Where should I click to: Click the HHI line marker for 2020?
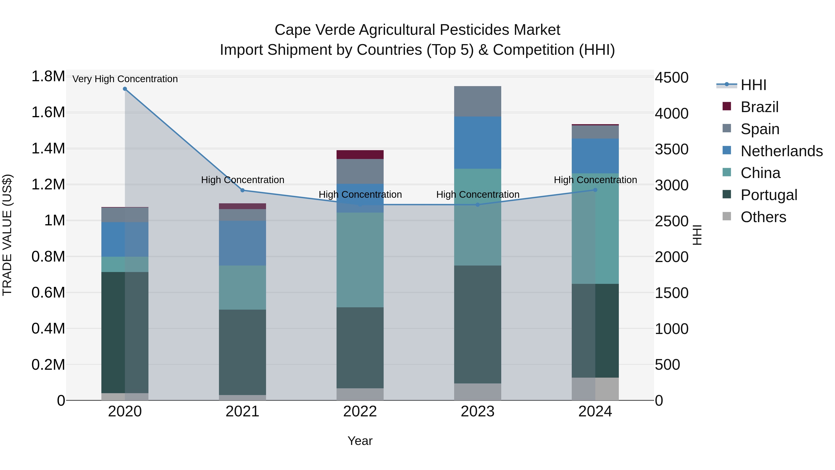[125, 89]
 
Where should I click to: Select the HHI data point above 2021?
[242, 190]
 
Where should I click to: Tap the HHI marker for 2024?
[595, 190]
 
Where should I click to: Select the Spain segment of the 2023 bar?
[478, 101]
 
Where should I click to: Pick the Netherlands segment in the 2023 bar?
[478, 143]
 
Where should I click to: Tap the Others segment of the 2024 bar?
[595, 389]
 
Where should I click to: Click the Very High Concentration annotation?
[125, 79]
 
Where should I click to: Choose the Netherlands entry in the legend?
[781, 151]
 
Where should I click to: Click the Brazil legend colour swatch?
[727, 106]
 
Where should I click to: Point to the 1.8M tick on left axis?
[48, 77]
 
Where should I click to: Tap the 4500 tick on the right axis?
[671, 78]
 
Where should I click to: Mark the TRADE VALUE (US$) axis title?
[7, 235]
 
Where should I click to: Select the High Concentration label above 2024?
[595, 180]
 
